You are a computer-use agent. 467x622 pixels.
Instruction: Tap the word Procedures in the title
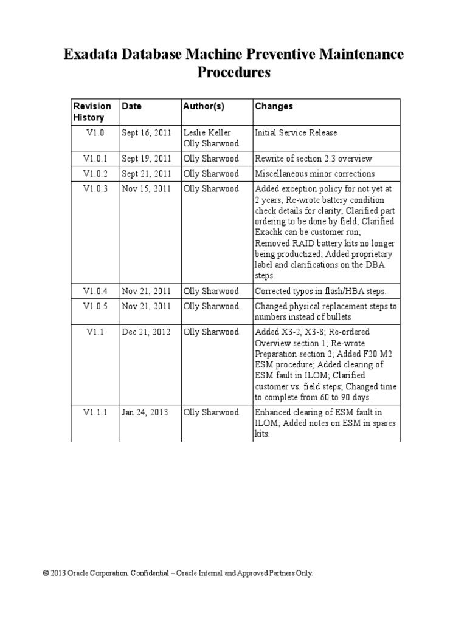pos(233,73)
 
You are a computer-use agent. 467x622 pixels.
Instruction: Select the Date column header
pos(132,106)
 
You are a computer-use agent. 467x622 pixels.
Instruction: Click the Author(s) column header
pos(204,106)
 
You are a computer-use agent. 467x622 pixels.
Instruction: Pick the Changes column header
pos(274,106)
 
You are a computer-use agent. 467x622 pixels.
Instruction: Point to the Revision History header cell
pos(92,112)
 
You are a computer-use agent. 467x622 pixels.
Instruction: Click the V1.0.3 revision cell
pos(95,189)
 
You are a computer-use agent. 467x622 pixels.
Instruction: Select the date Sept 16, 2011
pos(147,132)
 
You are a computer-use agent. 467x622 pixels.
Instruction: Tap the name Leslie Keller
pos(207,132)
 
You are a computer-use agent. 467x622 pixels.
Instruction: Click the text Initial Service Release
pos(296,132)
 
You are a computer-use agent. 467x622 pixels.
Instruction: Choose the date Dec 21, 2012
pos(146,332)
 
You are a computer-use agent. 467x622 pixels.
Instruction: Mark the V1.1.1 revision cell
pos(95,412)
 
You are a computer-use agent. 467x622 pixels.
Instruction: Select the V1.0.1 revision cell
pos(95,159)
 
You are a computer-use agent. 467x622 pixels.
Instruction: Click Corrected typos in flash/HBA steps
pos(320,291)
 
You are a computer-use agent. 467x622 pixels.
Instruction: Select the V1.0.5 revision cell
pos(95,306)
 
